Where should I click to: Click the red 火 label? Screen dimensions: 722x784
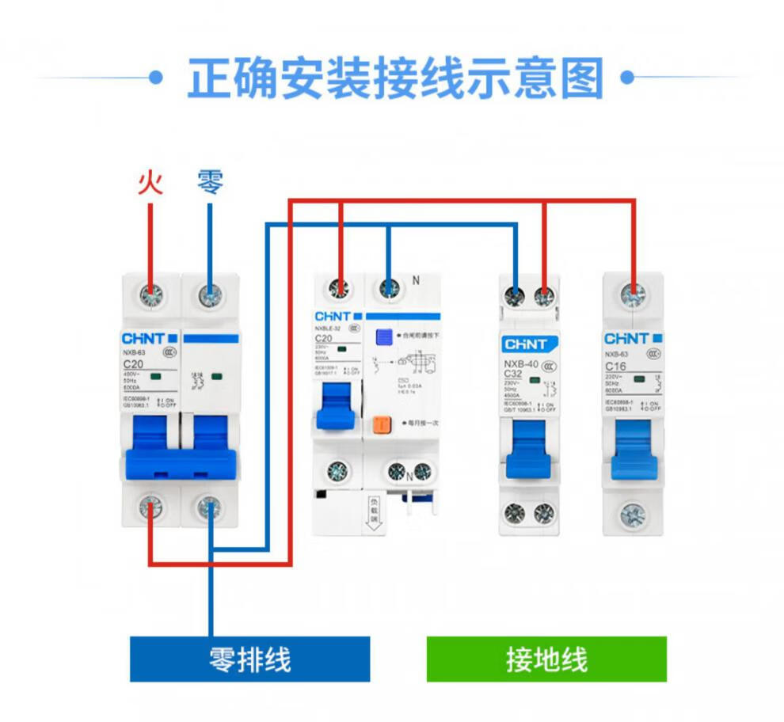click(x=150, y=183)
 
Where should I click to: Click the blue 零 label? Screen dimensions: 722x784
click(x=210, y=183)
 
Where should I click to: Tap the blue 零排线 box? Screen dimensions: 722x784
click(x=249, y=659)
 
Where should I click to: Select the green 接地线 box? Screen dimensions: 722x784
click(x=546, y=659)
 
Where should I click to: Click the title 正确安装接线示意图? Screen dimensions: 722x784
click(x=395, y=78)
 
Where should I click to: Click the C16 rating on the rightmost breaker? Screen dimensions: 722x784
click(x=615, y=367)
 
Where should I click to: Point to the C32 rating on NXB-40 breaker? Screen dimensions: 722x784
click(x=515, y=374)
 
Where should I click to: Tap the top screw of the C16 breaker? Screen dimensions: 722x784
click(x=632, y=295)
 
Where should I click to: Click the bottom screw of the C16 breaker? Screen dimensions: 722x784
click(x=632, y=515)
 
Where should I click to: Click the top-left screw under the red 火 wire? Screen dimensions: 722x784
click(x=150, y=296)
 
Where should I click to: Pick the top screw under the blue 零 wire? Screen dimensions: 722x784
click(x=210, y=296)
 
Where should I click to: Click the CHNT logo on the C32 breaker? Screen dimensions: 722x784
click(x=527, y=344)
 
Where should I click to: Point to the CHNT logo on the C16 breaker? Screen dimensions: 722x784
click(x=628, y=339)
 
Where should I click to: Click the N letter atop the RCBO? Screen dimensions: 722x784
click(x=415, y=279)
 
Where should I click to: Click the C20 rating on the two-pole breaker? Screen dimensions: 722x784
click(x=133, y=363)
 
